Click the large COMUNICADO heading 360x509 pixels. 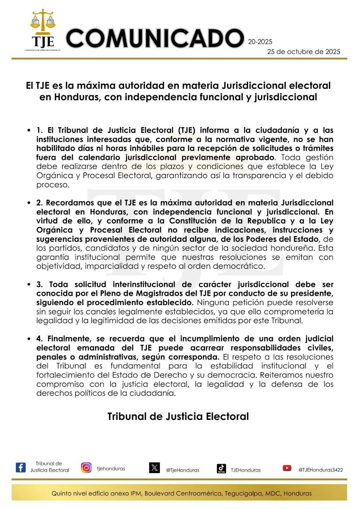155,38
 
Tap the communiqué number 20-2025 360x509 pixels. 260,42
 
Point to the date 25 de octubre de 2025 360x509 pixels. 303,52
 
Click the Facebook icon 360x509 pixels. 21,467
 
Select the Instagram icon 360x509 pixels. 86,467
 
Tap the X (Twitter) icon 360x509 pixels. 154,468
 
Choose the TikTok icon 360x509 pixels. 221,468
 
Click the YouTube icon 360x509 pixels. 287,468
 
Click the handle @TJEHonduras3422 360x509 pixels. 320,470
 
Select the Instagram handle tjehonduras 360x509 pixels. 111,469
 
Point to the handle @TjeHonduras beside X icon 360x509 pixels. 183,470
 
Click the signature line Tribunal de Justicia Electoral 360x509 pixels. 178,416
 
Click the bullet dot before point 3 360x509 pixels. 29,284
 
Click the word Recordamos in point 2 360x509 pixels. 64,203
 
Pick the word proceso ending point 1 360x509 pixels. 52,185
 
